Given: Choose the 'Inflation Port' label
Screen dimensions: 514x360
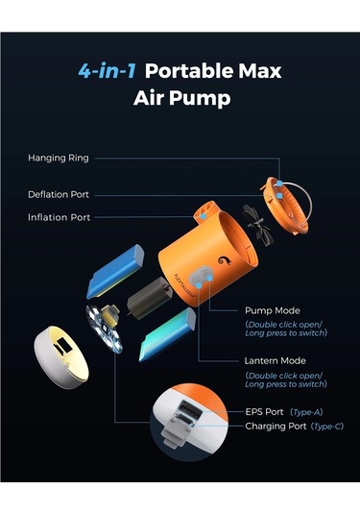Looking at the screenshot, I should (59, 217).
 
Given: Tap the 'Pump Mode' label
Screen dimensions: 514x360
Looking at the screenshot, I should (273, 311).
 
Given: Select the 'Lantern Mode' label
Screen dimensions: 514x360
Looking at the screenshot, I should (277, 359).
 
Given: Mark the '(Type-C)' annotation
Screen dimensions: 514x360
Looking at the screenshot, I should (329, 426).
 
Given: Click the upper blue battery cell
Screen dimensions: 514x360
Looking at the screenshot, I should (115, 271).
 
